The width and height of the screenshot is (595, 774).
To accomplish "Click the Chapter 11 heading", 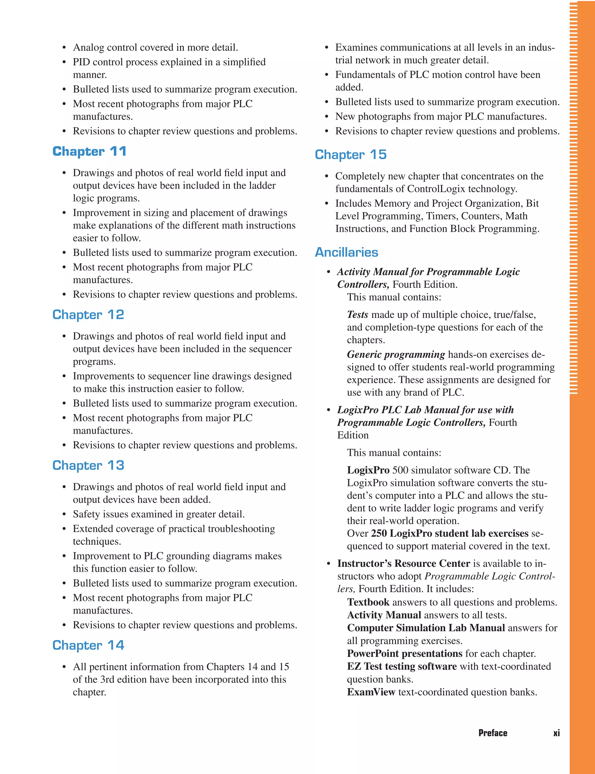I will click(x=89, y=151).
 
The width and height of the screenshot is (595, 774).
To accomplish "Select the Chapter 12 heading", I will click(x=88, y=315).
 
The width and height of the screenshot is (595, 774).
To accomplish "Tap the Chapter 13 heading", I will click(x=88, y=465).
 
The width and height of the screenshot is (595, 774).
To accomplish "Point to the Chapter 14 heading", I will click(x=88, y=645).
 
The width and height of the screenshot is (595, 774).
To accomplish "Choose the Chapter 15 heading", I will click(x=350, y=155).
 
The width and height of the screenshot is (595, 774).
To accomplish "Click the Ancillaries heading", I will click(x=346, y=252).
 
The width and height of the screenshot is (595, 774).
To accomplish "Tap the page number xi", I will click(x=556, y=733).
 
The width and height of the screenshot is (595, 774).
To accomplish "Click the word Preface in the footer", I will click(x=493, y=733).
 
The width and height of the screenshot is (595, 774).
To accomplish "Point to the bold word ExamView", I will click(x=371, y=692).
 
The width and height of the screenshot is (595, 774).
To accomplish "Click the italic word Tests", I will click(x=357, y=315).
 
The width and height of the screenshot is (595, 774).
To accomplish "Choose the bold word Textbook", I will click(x=368, y=602).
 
